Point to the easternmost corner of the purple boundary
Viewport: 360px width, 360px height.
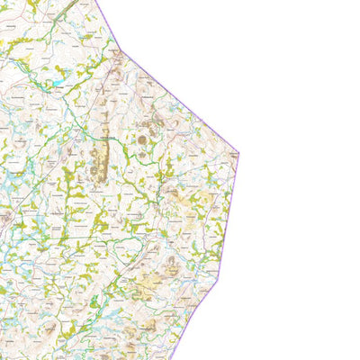(x=238, y=152)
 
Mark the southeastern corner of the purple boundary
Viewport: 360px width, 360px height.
(x=219, y=279)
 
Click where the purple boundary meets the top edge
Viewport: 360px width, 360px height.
(x=95, y=1)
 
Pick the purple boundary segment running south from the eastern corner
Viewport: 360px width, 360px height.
(x=229, y=216)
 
